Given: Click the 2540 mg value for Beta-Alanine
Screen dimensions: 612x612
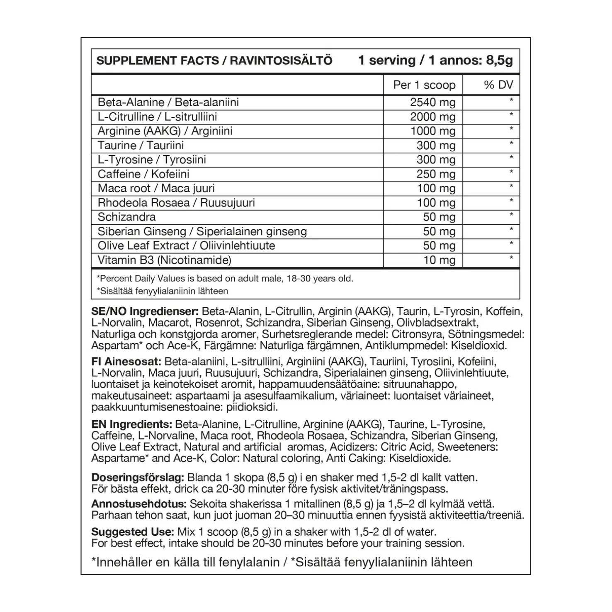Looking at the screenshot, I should [x=432, y=102].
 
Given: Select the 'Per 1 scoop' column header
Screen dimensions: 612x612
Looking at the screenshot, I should [x=424, y=85].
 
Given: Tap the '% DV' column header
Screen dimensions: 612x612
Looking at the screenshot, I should [x=498, y=85].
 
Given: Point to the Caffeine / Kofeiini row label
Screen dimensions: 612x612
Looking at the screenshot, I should [x=143, y=174].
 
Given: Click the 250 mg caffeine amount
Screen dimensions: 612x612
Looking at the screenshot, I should [x=436, y=174].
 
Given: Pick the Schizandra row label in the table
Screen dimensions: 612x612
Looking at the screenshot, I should [x=126, y=217].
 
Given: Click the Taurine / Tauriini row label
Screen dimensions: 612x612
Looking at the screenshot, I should [x=141, y=146].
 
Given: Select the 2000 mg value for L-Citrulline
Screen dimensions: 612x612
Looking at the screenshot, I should [x=432, y=117].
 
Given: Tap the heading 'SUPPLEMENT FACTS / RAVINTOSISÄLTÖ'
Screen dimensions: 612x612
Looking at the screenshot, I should [x=214, y=61].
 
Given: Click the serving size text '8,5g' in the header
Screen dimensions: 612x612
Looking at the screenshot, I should [x=499, y=61].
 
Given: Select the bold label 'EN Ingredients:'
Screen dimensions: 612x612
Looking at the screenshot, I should [x=131, y=425].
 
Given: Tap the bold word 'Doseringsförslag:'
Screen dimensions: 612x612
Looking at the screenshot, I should [x=138, y=478].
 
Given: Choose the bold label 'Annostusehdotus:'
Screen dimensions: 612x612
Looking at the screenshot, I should [x=139, y=504].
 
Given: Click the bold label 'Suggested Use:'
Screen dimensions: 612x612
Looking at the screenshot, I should [x=132, y=532].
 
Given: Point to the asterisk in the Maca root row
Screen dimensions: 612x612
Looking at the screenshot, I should [x=511, y=187].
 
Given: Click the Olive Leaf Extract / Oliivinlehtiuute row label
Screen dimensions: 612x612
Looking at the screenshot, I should [x=186, y=245].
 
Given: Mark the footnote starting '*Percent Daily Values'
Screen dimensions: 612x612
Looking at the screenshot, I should [x=225, y=279].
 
